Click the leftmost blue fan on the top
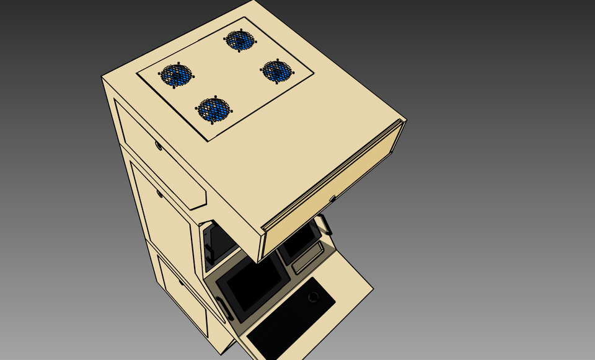click(x=176, y=75)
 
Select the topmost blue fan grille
click(x=240, y=40)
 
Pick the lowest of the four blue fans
click(x=214, y=110)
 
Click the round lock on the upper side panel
click(x=159, y=146)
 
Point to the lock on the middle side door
click(x=160, y=194)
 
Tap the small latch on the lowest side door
click(x=181, y=283)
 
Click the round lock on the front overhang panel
click(x=332, y=199)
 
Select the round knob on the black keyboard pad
click(x=313, y=297)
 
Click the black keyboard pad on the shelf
click(x=291, y=319)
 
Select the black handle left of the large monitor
click(x=224, y=309)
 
